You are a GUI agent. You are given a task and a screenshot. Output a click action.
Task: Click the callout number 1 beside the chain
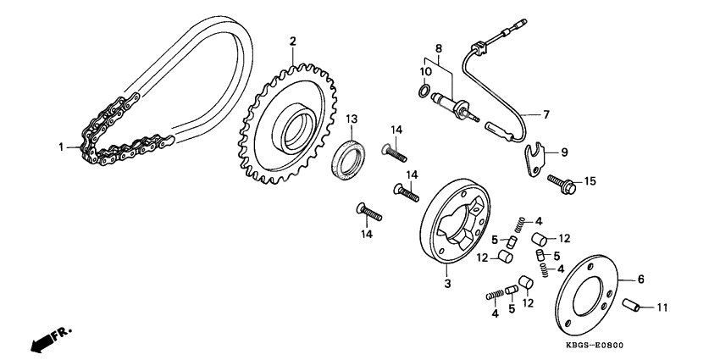(62, 147)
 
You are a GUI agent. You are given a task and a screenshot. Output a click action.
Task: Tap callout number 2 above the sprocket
(293, 42)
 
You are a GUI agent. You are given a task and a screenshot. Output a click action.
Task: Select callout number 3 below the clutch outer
(448, 285)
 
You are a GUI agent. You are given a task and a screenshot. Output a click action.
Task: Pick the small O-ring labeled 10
(422, 91)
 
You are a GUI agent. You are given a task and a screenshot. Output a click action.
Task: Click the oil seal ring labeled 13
(349, 160)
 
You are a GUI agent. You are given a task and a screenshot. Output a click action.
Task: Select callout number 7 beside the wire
(546, 114)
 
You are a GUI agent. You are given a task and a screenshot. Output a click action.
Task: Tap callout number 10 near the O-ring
(426, 72)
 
